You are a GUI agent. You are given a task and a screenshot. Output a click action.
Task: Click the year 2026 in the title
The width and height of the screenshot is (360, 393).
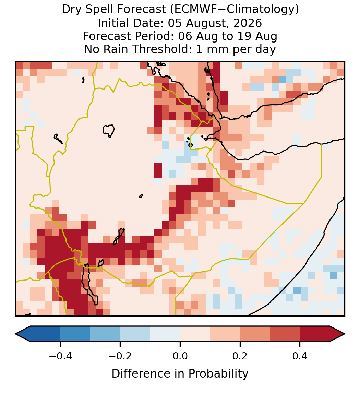pyautogui.click(x=248, y=23)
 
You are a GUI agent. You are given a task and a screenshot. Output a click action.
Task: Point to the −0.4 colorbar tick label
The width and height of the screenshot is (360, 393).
pyautogui.click(x=60, y=356)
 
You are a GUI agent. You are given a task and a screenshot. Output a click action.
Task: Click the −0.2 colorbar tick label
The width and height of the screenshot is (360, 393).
pyautogui.click(x=120, y=356)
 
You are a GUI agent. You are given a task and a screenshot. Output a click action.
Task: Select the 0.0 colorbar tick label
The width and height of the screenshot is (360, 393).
pyautogui.click(x=180, y=356)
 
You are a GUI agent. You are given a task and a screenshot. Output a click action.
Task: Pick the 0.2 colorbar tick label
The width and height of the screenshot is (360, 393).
pyautogui.click(x=240, y=356)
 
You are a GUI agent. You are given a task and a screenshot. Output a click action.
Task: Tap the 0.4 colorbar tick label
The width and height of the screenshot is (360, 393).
pyautogui.click(x=300, y=356)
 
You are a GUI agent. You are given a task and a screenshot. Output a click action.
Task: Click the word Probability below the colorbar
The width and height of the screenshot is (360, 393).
pyautogui.click(x=218, y=374)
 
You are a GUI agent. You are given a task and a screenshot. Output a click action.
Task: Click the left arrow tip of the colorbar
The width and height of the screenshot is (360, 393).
pyautogui.click(x=15, y=334)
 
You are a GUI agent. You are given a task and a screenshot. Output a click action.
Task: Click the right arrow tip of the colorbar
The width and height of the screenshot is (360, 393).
pyautogui.click(x=345, y=334)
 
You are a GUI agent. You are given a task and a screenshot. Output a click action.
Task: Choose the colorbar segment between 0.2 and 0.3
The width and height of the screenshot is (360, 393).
pyautogui.click(x=255, y=334)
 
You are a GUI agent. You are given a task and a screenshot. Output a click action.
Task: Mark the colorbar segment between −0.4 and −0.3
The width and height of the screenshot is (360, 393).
pyautogui.click(x=75, y=334)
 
